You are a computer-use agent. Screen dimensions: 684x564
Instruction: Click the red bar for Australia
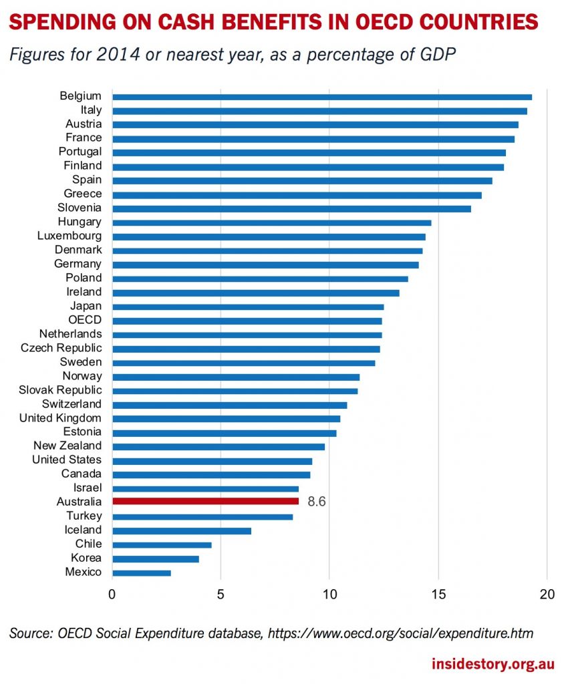[205, 501]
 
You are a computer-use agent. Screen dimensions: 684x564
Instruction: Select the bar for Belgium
[322, 97]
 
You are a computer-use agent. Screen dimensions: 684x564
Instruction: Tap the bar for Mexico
[142, 572]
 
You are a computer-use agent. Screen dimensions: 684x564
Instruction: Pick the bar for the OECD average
[247, 321]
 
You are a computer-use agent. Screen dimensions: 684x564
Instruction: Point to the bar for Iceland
[182, 530]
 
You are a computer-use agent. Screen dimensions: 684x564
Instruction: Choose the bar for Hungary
[272, 222]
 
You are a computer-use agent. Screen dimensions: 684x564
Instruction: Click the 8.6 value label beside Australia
[317, 502]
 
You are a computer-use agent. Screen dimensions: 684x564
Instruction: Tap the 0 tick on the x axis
[112, 594]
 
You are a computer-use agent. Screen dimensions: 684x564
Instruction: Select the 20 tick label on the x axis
[547, 594]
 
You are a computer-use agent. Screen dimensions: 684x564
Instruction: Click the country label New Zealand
[67, 446]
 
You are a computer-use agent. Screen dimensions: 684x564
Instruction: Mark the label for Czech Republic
[61, 348]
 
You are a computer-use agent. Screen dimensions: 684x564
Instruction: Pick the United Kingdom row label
[60, 418]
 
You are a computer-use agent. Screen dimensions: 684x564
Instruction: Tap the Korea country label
[86, 558]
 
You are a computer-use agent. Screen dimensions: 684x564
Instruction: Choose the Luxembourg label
[69, 236]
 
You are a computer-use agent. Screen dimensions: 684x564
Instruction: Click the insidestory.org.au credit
[492, 665]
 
